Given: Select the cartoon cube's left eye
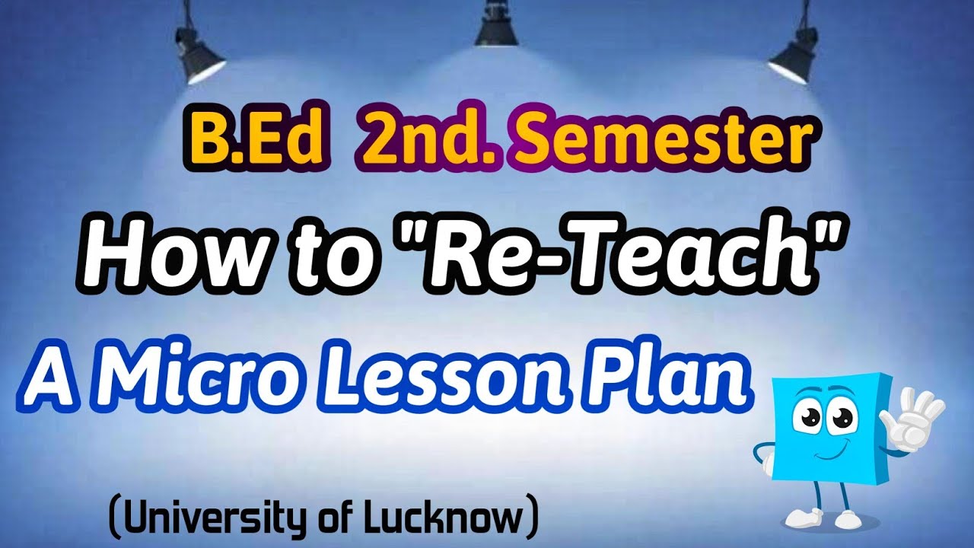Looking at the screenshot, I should (x=807, y=418).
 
